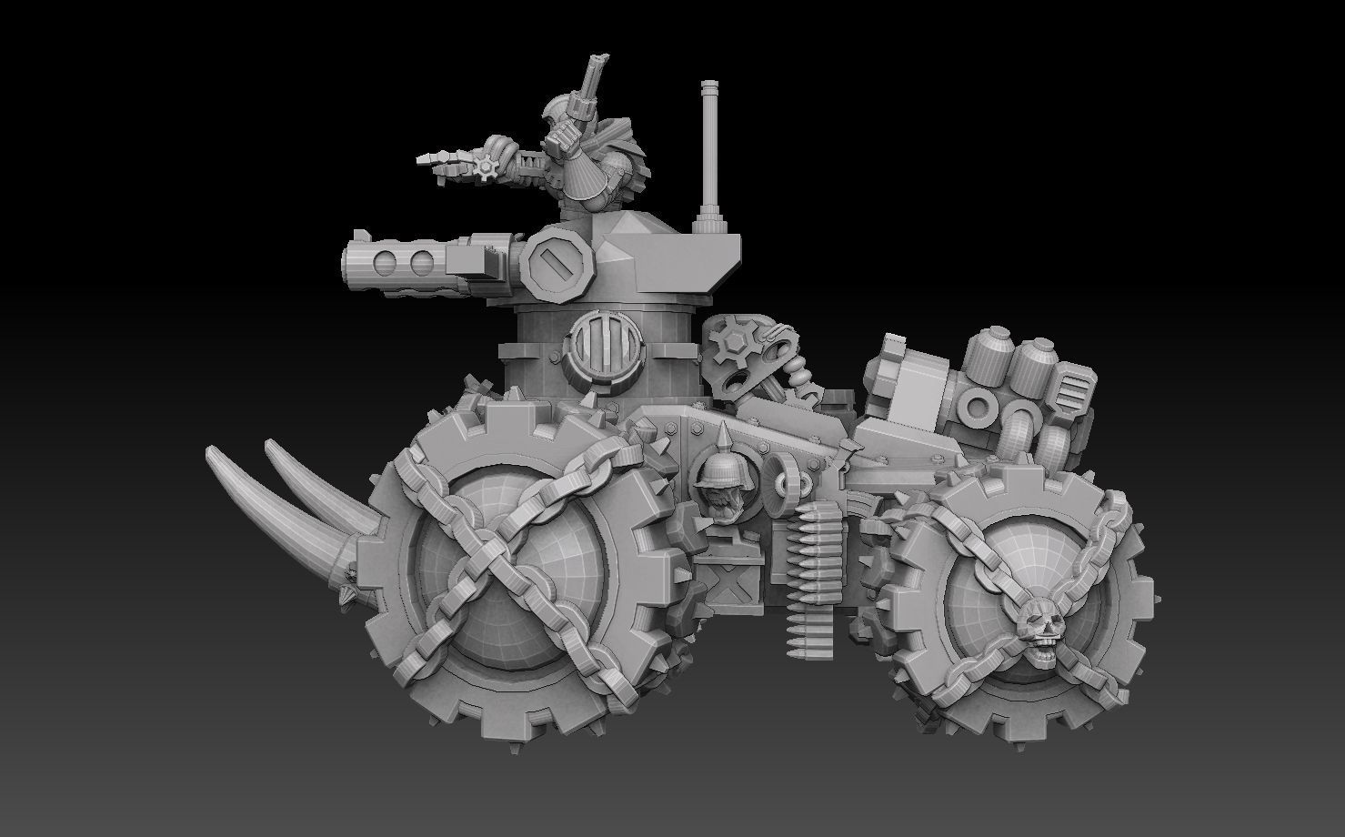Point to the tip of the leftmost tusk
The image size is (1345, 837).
212,449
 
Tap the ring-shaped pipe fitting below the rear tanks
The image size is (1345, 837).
979,407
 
